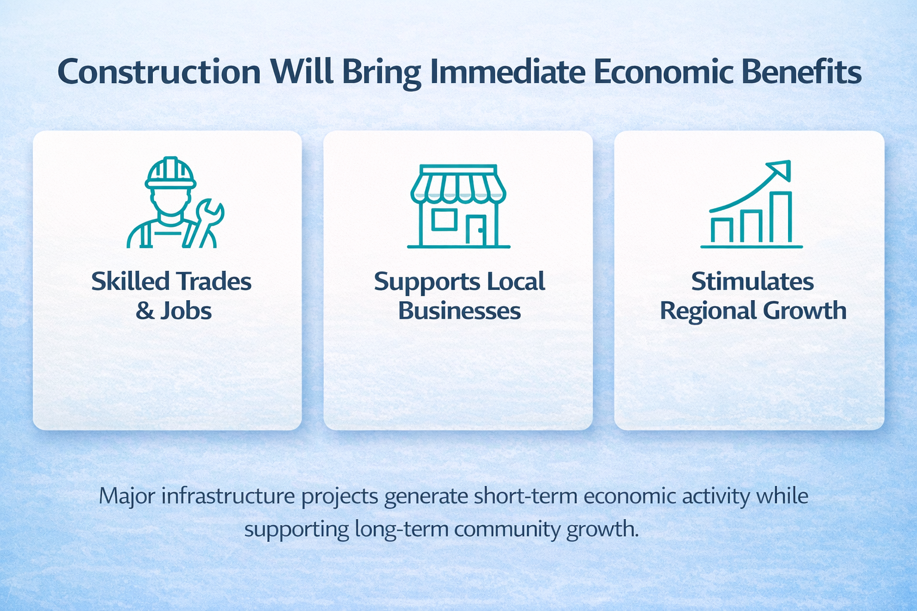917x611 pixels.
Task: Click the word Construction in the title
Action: tap(159, 72)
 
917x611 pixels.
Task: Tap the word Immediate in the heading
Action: tap(507, 72)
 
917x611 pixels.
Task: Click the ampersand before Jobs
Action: tap(145, 311)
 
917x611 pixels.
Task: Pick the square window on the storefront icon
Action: tap(444, 220)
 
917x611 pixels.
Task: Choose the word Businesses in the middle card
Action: tap(459, 311)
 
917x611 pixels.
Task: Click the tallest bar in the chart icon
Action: tap(780, 217)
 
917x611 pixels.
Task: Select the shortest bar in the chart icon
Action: tap(722, 230)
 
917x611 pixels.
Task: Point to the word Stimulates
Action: tap(752, 282)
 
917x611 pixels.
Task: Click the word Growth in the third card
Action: tap(805, 311)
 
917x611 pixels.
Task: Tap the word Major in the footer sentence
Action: tap(127, 496)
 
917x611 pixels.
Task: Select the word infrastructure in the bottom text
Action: tap(228, 496)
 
